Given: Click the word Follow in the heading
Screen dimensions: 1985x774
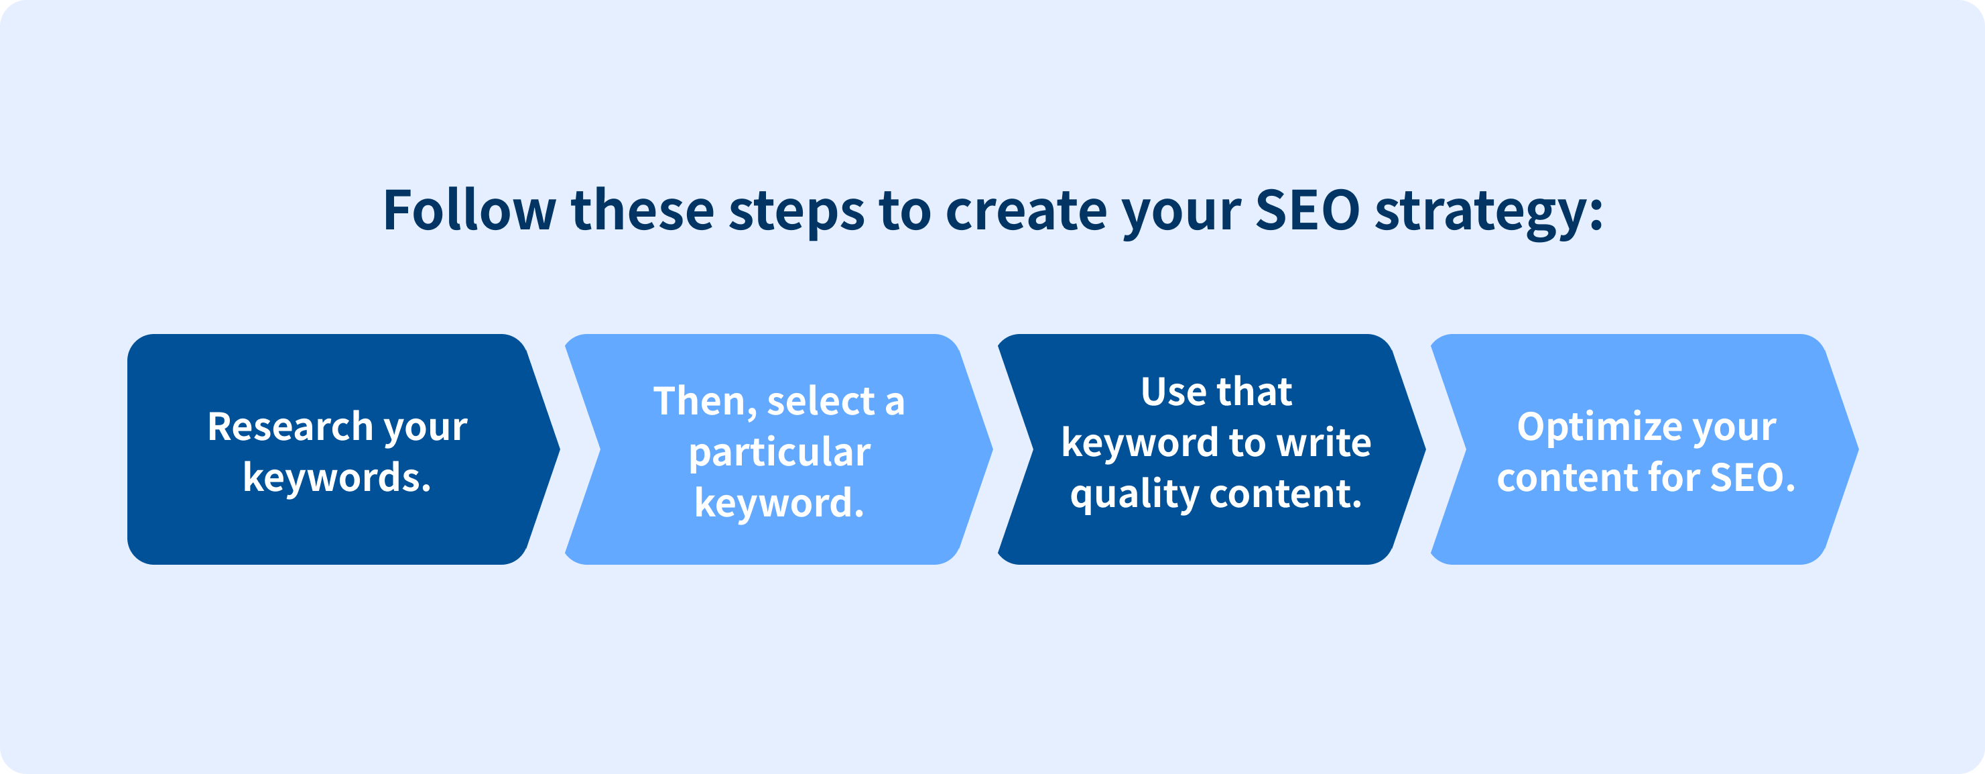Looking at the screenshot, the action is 469,210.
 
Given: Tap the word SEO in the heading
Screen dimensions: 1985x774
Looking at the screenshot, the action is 1307,210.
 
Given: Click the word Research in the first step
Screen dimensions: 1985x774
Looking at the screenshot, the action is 290,427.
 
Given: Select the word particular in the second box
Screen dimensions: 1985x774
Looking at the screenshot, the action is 780,453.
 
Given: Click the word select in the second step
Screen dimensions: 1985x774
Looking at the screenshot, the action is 821,401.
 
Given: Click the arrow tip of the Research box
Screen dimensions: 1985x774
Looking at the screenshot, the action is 560,449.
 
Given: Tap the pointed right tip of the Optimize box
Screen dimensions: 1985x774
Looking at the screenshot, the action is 1858,449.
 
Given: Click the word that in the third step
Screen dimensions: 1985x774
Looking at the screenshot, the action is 1254,392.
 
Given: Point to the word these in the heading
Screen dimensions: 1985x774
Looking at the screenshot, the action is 643,210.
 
